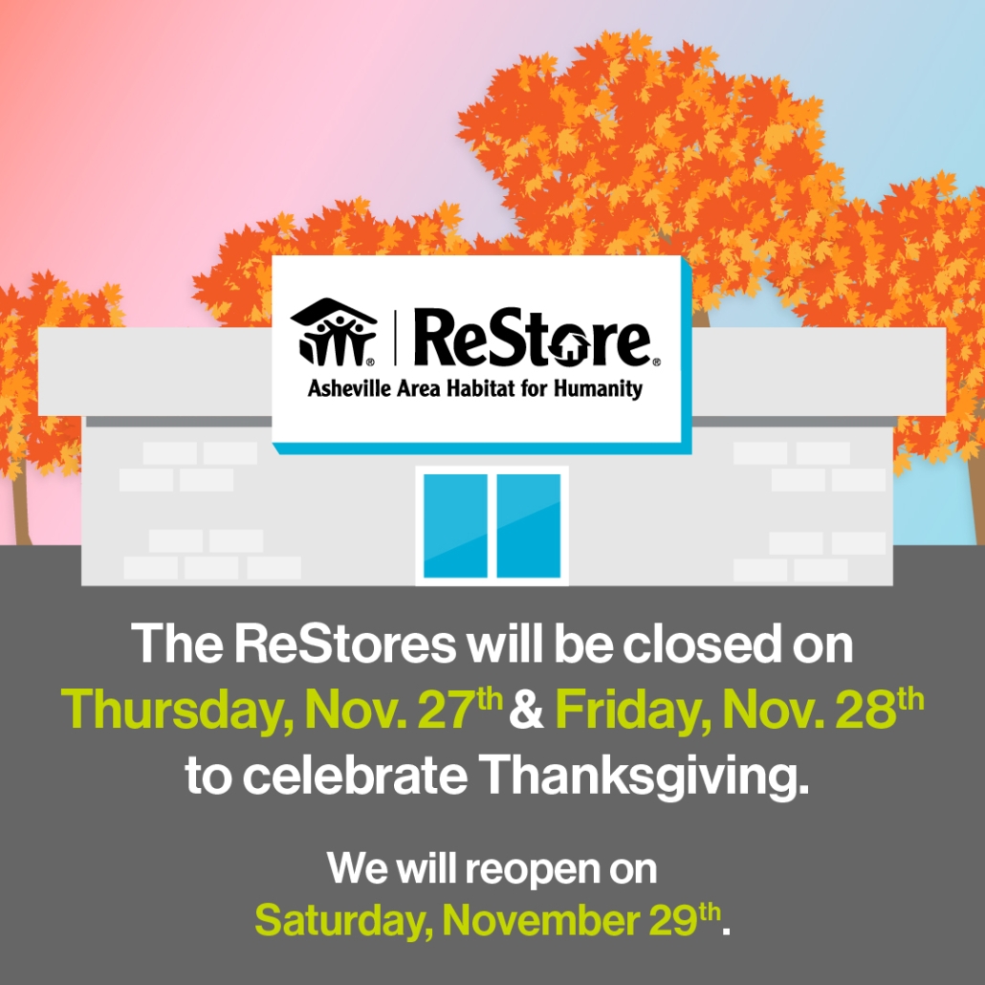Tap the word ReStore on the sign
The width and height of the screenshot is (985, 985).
[x=532, y=339]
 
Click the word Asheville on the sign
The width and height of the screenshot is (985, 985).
[x=352, y=389]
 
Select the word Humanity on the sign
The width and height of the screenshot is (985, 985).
[x=599, y=389]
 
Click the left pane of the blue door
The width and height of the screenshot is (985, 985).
[x=454, y=525]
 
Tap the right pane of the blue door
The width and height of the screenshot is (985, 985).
[x=529, y=525]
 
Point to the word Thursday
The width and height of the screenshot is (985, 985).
[x=176, y=709]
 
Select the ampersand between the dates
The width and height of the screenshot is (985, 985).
[x=528, y=710]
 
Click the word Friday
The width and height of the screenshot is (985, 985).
[x=627, y=709]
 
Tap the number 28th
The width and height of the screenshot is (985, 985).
[x=884, y=707]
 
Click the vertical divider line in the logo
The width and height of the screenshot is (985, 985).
[x=395, y=339]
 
